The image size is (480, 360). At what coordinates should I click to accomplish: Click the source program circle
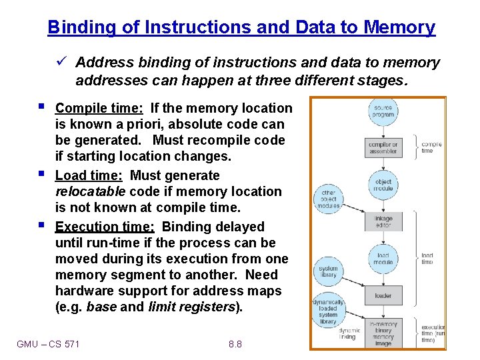click(x=383, y=111)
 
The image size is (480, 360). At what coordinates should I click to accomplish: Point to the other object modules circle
click(x=328, y=199)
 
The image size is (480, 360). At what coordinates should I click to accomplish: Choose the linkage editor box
click(x=384, y=221)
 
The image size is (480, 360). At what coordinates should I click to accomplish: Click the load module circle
click(x=383, y=259)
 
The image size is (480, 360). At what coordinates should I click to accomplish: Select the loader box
click(x=383, y=295)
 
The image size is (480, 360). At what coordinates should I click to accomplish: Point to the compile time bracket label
click(x=431, y=147)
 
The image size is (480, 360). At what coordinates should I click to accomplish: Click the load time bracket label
click(x=427, y=259)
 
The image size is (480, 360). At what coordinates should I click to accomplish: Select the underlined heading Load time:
click(x=91, y=175)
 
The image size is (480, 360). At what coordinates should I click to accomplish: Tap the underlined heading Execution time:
click(x=105, y=227)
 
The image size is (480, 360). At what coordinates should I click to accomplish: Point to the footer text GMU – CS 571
click(x=48, y=344)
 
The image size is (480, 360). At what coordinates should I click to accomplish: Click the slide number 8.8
click(x=235, y=344)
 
